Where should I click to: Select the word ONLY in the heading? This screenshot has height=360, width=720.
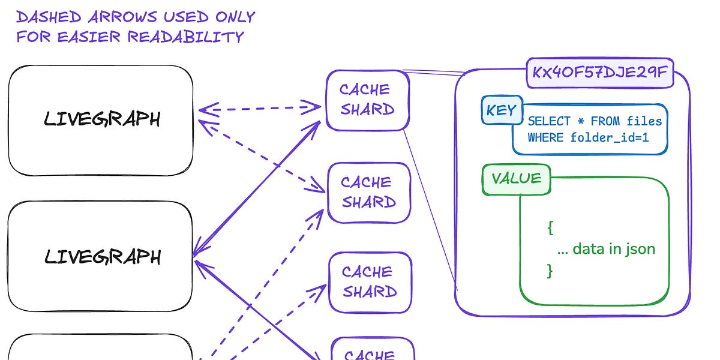235,16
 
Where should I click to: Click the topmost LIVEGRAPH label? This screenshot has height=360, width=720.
102,119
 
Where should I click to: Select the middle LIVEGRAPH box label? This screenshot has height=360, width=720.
102,257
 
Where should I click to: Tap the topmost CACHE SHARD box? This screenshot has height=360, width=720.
367,100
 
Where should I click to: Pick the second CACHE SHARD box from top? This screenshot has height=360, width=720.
368,192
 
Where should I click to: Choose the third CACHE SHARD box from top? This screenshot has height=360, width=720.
370,282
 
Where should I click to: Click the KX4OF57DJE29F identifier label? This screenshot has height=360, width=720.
599,73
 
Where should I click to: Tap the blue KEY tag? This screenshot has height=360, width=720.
501,110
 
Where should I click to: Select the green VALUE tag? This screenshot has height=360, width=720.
516,178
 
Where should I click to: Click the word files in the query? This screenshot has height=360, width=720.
644,121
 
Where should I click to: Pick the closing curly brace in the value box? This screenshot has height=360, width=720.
550,270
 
